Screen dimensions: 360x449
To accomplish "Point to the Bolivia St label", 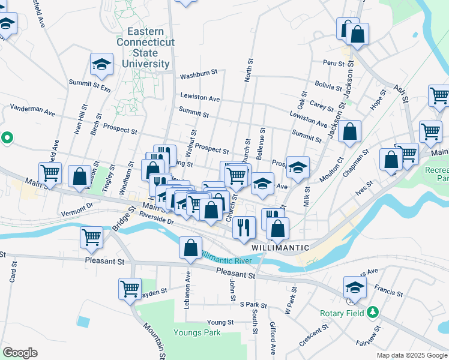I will [329, 85].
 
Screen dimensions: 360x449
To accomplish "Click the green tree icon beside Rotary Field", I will [373, 312].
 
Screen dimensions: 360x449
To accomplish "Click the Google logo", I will [20, 353].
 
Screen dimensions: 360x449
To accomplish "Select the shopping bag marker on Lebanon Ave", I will [190, 248].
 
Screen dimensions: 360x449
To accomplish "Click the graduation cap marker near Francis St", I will [355, 288].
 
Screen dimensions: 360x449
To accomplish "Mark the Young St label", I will [220, 322].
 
